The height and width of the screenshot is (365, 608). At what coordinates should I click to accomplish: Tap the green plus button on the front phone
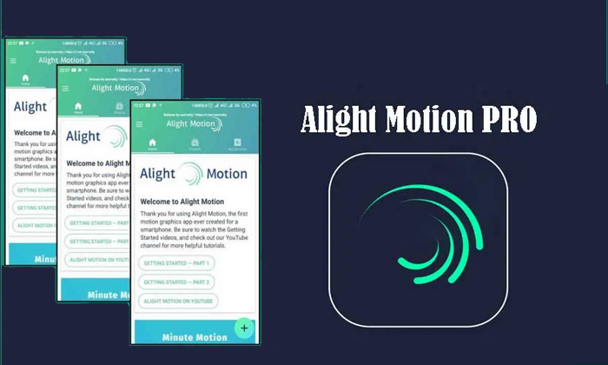coord(245,328)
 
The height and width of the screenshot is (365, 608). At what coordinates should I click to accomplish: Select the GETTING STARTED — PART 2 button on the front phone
coord(177,282)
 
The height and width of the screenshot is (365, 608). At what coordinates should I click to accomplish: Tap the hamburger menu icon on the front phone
coord(138,123)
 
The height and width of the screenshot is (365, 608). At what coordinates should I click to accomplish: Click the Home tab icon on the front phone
coord(152,143)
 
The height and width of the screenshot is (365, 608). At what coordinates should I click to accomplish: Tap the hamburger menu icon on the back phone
coord(13,60)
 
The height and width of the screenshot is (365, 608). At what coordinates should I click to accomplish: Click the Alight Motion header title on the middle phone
coord(114,88)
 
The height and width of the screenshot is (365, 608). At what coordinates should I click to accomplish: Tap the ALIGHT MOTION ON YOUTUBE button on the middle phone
coord(97,259)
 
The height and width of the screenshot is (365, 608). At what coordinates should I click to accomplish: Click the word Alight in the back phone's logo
coord(30,107)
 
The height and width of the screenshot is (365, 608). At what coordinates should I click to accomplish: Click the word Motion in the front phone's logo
coord(228,172)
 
